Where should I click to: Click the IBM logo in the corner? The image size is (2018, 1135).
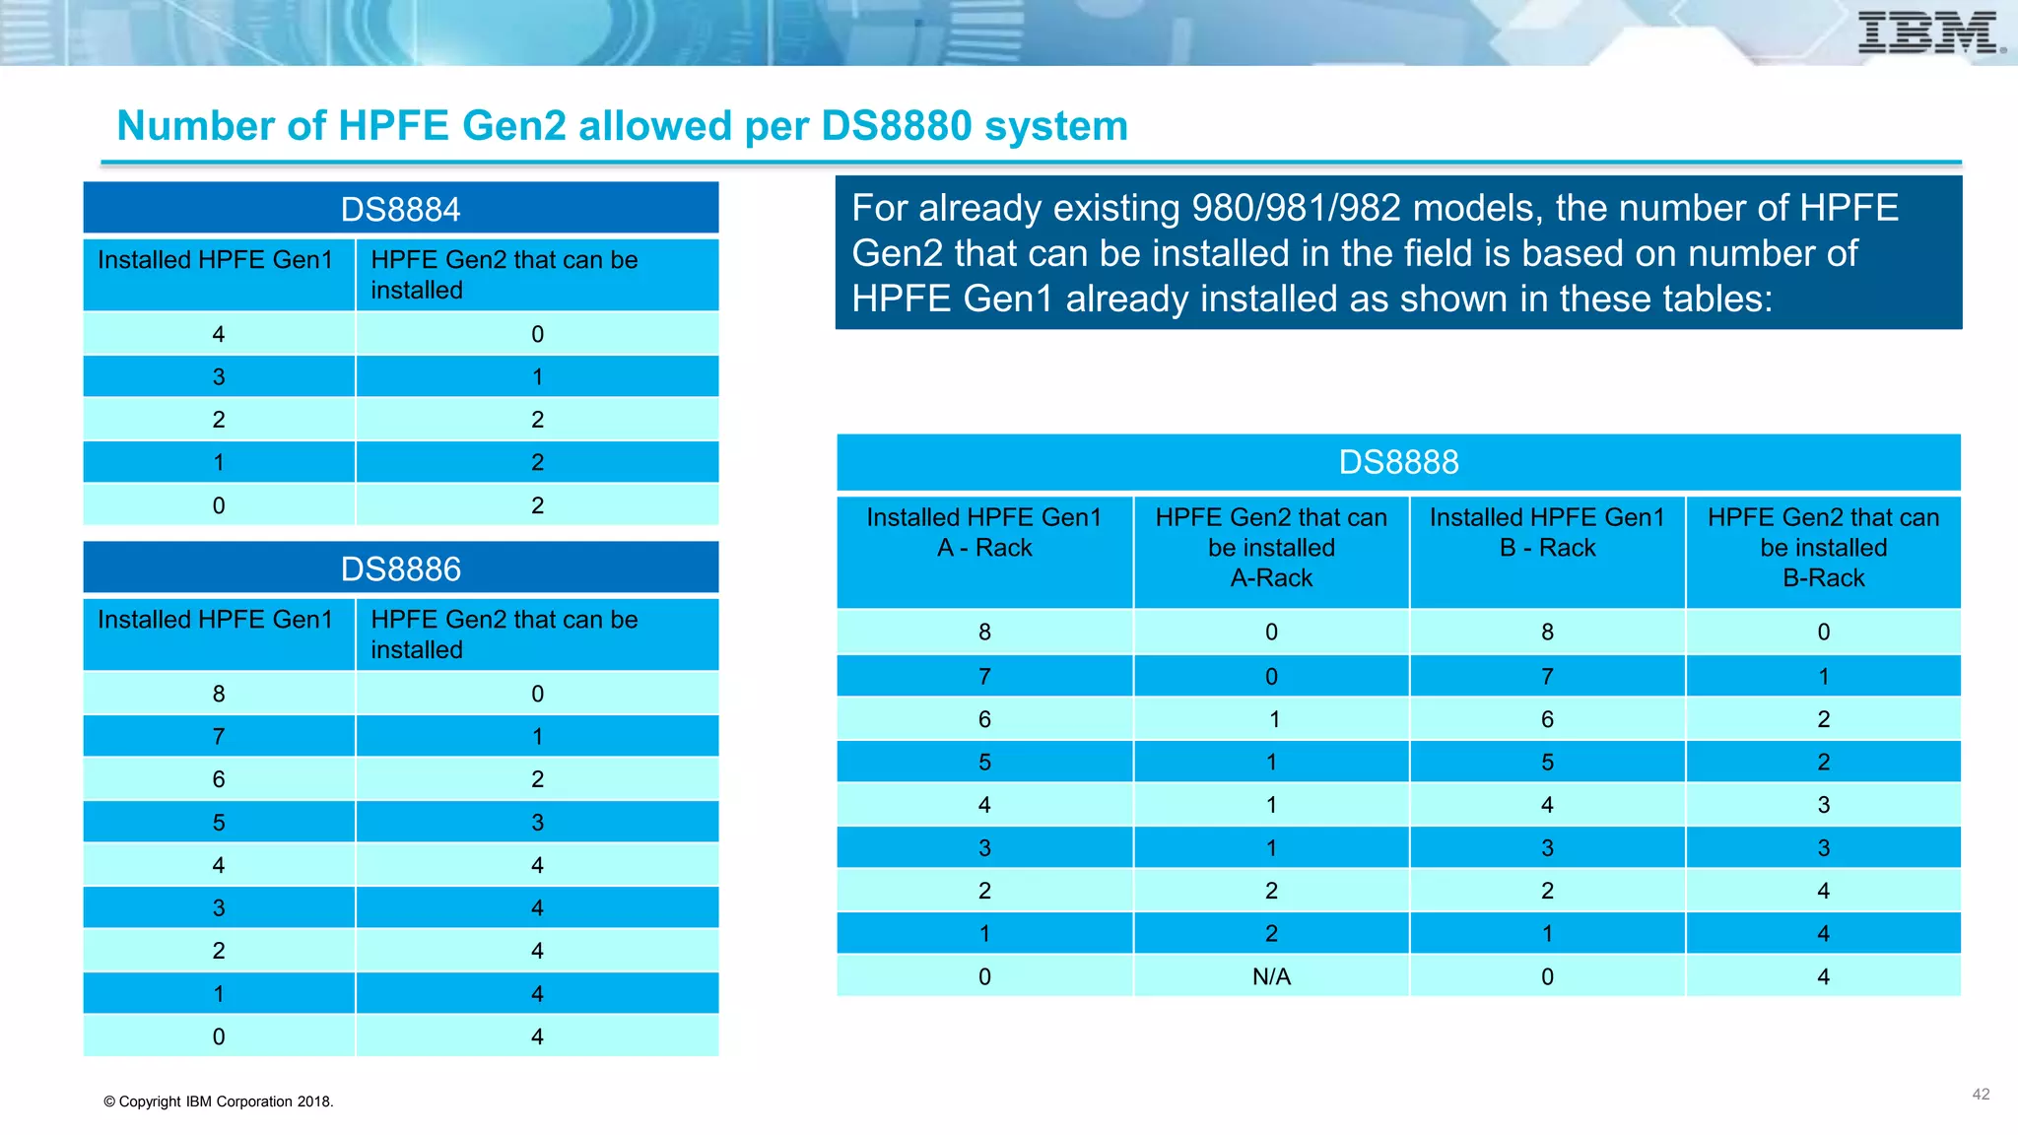(1929, 33)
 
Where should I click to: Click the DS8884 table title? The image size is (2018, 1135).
(400, 209)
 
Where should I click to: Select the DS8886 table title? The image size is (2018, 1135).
(400, 568)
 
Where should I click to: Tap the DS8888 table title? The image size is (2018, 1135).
(1398, 462)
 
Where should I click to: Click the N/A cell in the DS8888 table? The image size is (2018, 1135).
(1271, 976)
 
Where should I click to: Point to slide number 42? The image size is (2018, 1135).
(1981, 1095)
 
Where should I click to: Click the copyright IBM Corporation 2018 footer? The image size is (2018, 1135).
(219, 1102)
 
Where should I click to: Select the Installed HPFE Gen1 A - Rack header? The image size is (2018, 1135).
(984, 533)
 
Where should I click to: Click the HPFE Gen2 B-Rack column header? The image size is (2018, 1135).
(1823, 548)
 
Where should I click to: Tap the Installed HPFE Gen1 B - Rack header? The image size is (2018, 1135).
(1547, 533)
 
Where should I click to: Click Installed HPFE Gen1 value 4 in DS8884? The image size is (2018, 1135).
(219, 334)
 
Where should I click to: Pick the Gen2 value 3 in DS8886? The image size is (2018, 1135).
(537, 822)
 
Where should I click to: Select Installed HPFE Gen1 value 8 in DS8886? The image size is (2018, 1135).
(219, 694)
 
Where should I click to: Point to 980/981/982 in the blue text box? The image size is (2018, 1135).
(1296, 208)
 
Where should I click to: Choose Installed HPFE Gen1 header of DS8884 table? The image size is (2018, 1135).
(215, 260)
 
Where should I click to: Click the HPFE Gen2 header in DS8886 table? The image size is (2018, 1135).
(504, 634)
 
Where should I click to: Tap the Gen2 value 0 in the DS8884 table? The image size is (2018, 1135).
(537, 334)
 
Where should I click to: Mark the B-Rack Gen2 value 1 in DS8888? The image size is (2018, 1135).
(1823, 677)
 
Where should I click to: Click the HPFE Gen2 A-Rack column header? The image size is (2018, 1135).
(1271, 548)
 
